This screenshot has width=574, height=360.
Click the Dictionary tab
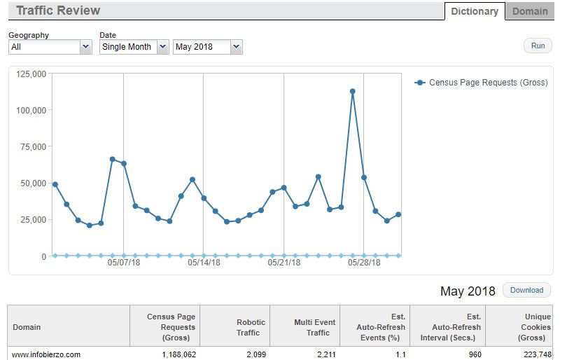pos(475,11)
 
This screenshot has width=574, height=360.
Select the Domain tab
pos(530,11)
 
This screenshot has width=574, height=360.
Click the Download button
pos(526,290)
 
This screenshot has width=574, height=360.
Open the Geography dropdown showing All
pos(50,47)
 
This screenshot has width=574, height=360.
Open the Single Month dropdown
pos(134,47)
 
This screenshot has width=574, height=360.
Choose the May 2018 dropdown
pos(207,47)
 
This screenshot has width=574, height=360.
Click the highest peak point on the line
pos(352,91)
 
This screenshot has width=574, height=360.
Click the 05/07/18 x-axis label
pos(124,263)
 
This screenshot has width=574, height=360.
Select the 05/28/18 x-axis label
pos(364,263)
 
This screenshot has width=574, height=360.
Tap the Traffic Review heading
pos(58,11)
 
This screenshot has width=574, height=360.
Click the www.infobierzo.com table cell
pos(47,354)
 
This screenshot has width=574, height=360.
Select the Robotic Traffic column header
pos(248,327)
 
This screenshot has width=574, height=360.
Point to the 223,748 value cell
pos(537,354)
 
